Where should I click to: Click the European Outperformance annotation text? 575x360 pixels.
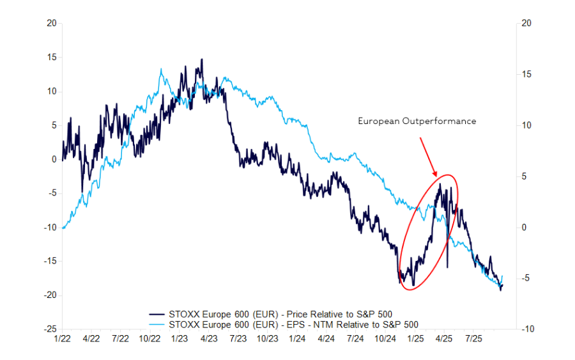(x=417, y=121)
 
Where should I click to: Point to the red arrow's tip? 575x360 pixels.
(x=436, y=176)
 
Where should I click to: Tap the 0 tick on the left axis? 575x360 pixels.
(x=54, y=159)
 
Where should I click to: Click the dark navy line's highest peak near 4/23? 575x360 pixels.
(x=202, y=59)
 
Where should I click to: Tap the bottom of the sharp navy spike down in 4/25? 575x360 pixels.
(x=447, y=267)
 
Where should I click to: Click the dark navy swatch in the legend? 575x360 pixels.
(x=157, y=313)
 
